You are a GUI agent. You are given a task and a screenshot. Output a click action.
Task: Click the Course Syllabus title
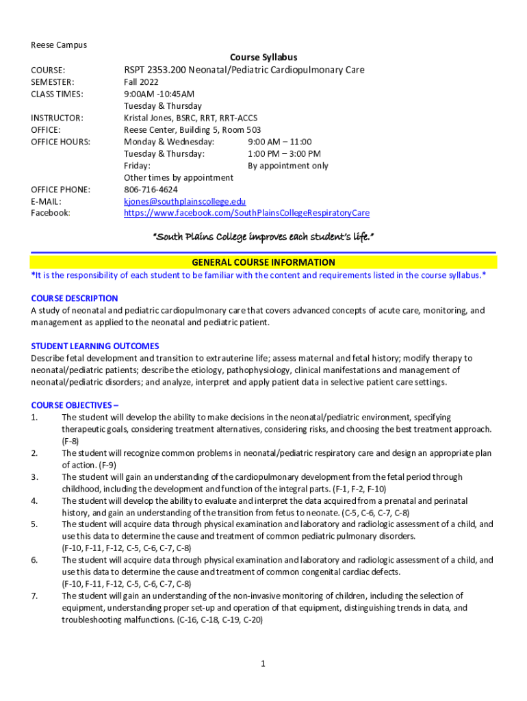(x=263, y=58)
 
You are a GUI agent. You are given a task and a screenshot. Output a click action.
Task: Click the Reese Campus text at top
(x=59, y=45)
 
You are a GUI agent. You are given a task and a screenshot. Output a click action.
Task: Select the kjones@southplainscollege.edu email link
(x=184, y=201)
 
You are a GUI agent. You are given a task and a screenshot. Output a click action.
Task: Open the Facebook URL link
(x=246, y=213)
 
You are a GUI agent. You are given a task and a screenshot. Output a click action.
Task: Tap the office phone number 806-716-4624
(x=151, y=189)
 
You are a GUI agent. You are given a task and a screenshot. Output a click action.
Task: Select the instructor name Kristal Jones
(x=146, y=118)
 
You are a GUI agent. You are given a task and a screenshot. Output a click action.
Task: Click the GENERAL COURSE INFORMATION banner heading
(x=263, y=262)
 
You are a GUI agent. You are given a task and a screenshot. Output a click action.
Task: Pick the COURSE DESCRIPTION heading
(x=75, y=298)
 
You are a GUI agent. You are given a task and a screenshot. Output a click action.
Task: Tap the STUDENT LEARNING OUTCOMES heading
(x=95, y=346)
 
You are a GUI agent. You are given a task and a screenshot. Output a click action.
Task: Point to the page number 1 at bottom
(x=263, y=663)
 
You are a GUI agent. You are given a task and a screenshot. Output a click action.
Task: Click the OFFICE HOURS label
(x=61, y=142)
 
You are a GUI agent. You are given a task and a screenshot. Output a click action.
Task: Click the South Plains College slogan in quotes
(x=263, y=236)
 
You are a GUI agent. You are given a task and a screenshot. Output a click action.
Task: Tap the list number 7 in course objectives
(x=34, y=596)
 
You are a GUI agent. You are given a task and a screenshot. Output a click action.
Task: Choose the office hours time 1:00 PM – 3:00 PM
(x=284, y=154)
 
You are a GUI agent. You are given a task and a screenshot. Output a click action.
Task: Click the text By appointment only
(x=287, y=166)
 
